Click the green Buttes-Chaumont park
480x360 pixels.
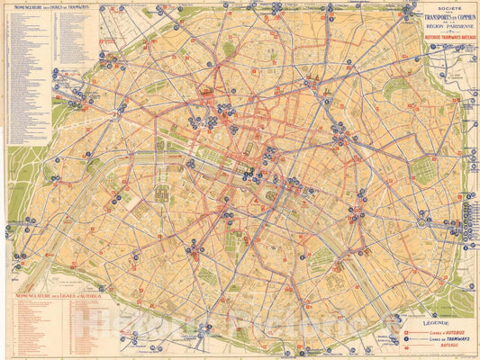(x=394, y=87)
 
